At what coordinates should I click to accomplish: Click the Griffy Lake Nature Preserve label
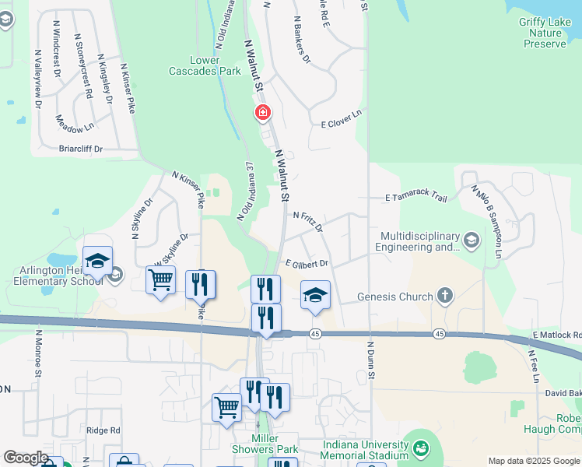click(x=543, y=33)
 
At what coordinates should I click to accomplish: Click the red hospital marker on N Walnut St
click(x=263, y=114)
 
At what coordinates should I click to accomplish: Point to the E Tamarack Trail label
click(x=416, y=198)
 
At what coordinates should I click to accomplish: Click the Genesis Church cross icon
click(x=444, y=296)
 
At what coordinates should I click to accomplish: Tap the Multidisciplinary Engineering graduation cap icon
click(x=471, y=241)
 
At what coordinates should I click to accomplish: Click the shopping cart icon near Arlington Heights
click(x=160, y=279)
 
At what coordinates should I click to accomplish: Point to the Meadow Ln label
click(x=74, y=121)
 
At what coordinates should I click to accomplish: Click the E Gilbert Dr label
click(x=307, y=265)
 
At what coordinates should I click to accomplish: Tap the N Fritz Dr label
click(x=308, y=221)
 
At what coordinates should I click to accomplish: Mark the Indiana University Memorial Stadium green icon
click(x=421, y=448)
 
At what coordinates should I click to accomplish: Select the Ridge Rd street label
click(x=103, y=430)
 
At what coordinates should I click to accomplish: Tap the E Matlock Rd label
click(x=556, y=335)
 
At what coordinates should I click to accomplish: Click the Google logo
click(x=25, y=458)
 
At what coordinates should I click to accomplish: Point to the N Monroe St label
click(x=37, y=353)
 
